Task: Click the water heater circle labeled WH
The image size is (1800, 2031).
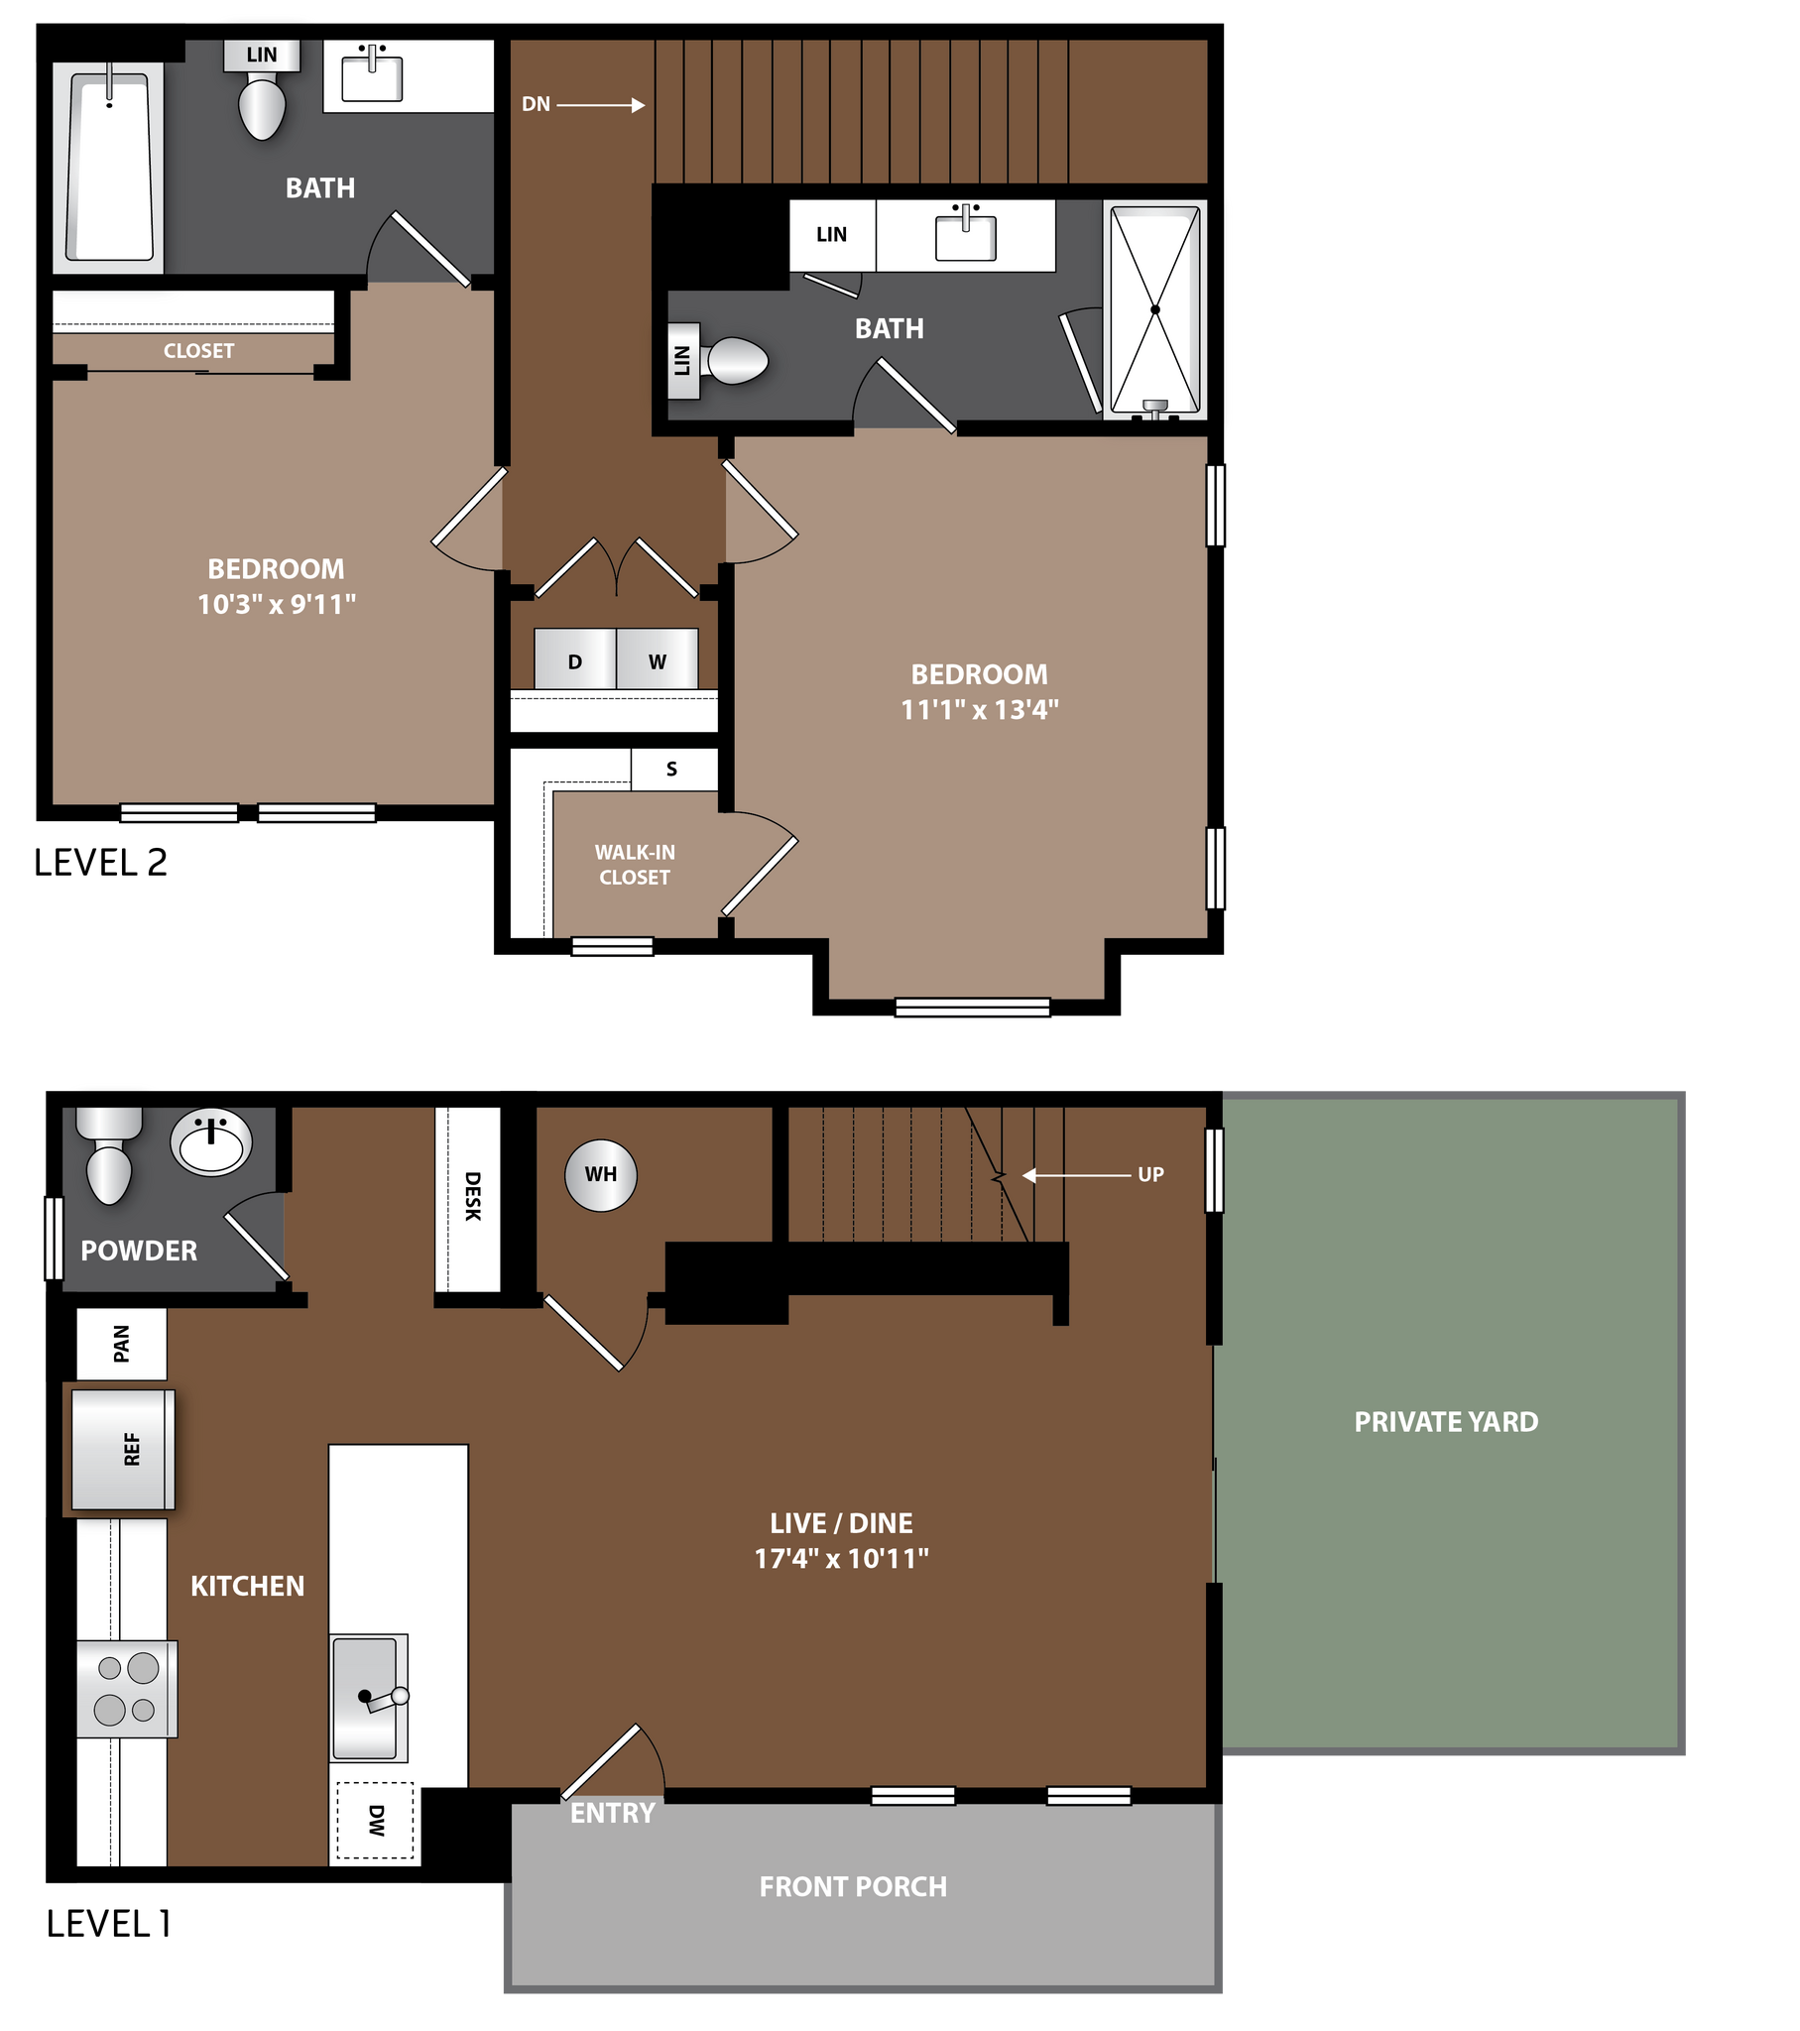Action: point(600,1174)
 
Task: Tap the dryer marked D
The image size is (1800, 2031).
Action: point(574,659)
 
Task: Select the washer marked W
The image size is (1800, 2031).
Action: point(657,659)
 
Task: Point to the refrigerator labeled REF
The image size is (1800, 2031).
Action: point(123,1450)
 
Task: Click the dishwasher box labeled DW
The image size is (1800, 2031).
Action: point(375,1821)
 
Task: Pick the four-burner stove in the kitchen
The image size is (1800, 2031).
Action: point(127,1689)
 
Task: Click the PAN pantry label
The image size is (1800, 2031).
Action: point(121,1344)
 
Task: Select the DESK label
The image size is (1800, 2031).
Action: point(472,1196)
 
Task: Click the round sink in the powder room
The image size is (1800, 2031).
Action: point(210,1140)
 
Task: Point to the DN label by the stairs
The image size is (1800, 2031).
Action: point(536,104)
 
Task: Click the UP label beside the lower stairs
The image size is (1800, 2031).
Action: point(1150,1174)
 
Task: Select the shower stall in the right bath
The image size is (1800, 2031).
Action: point(1155,308)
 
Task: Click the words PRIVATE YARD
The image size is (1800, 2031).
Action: point(1445,1422)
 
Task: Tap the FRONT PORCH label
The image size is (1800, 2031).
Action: point(853,1887)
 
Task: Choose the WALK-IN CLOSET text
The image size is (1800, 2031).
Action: point(634,865)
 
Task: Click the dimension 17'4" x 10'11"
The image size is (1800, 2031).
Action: point(841,1558)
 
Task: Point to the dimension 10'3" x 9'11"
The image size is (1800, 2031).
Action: point(277,604)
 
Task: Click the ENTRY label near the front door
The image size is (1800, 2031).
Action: point(612,1814)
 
